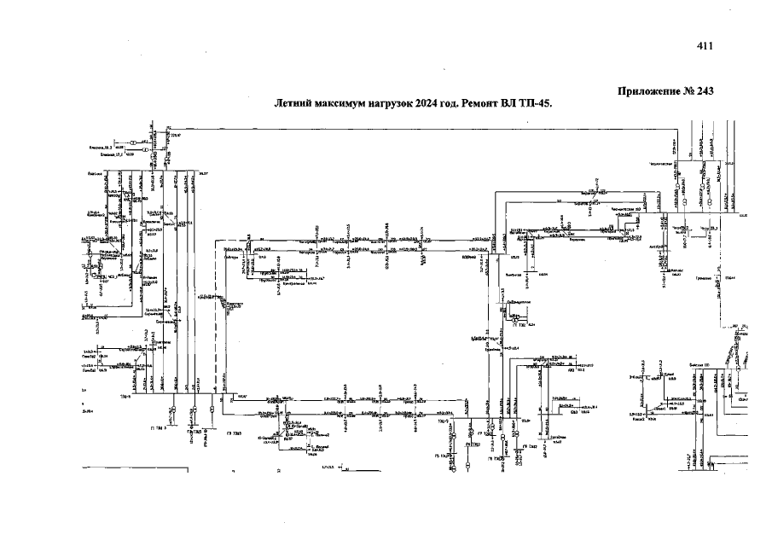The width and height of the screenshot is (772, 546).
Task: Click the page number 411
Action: click(x=704, y=46)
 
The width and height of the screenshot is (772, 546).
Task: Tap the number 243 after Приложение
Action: click(x=704, y=91)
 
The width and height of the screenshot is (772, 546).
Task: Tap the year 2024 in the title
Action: click(x=428, y=103)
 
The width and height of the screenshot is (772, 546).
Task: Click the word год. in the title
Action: click(x=455, y=103)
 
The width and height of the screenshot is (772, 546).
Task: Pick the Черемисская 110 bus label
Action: click(x=653, y=208)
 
